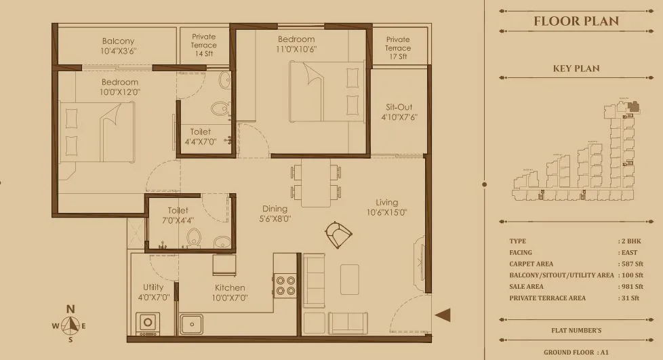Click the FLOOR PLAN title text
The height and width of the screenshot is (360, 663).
576,21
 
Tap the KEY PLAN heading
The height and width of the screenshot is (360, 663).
576,68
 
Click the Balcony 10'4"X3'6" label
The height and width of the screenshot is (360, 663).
119,45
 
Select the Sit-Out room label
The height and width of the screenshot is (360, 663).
399,112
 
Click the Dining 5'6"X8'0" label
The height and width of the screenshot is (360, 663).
275,214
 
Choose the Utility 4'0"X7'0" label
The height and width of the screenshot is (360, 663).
153,292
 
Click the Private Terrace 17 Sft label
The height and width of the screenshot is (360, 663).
398,48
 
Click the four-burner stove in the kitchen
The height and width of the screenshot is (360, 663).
285,285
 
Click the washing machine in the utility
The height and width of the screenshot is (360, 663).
148,323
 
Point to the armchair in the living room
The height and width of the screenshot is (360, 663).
338,235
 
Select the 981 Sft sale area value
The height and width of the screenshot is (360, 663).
630,286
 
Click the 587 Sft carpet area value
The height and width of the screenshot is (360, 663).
630,264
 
